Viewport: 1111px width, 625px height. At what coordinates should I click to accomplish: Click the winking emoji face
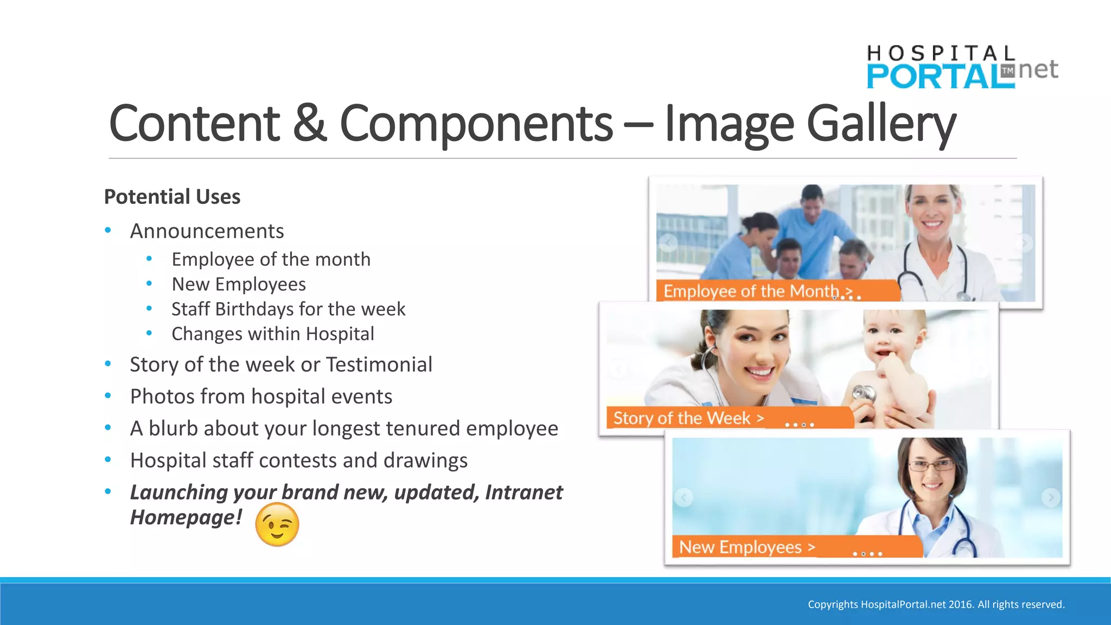[x=277, y=524]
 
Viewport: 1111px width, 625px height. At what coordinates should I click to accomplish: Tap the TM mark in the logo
[x=1007, y=71]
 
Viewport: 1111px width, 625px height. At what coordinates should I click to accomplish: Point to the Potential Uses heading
[x=172, y=196]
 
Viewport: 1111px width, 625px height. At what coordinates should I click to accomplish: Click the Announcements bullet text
[x=207, y=231]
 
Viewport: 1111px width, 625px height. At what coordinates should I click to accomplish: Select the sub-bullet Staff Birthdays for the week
[x=288, y=309]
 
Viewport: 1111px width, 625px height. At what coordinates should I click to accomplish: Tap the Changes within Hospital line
[x=272, y=334]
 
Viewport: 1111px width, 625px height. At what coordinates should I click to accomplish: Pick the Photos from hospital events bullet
[x=261, y=397]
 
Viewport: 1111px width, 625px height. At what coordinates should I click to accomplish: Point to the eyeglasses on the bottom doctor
[x=930, y=465]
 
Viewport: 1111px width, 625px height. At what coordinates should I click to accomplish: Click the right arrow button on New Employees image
[x=1051, y=497]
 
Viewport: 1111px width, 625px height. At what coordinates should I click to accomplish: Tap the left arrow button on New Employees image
[x=684, y=497]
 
